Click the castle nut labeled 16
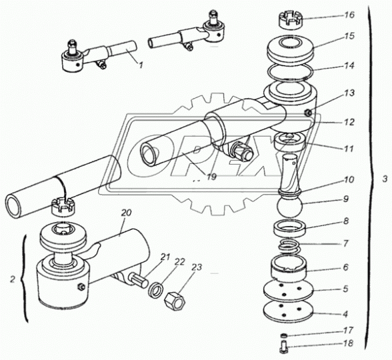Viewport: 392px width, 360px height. (x=291, y=22)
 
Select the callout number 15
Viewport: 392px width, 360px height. (x=349, y=36)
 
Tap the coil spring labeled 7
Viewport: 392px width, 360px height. (x=289, y=246)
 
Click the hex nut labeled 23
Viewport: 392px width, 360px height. (x=175, y=301)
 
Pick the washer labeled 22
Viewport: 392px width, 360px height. (x=156, y=290)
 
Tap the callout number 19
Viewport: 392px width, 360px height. (x=211, y=177)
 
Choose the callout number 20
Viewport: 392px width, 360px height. (x=126, y=213)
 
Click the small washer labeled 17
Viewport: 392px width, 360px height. (x=283, y=335)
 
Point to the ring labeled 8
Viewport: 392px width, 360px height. (x=290, y=227)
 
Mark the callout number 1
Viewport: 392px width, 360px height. (x=141, y=65)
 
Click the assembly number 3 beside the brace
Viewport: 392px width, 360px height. (x=385, y=179)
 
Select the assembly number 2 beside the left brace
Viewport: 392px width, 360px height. (x=13, y=279)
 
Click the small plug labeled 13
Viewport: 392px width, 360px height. (x=308, y=113)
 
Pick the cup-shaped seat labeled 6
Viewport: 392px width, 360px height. (x=289, y=270)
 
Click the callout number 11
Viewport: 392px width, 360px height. (x=349, y=149)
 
